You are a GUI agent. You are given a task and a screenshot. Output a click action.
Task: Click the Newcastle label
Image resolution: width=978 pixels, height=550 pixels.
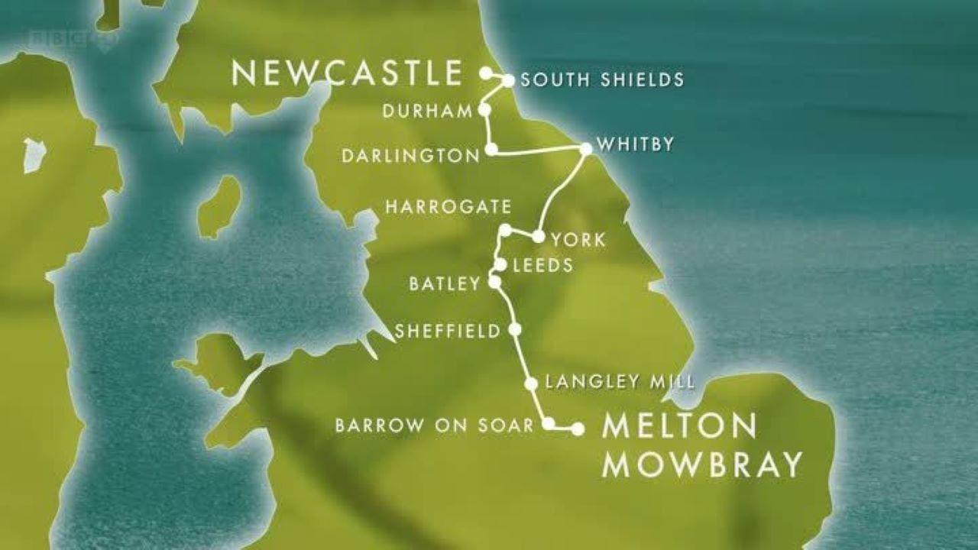(347, 73)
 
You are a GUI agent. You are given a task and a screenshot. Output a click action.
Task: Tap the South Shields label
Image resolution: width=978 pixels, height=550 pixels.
(602, 79)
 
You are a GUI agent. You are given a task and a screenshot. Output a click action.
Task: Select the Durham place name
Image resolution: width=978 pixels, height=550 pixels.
(429, 112)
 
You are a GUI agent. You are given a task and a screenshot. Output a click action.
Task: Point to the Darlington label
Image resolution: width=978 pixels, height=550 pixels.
(410, 156)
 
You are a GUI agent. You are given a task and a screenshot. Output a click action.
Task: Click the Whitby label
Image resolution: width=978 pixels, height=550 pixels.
(635, 144)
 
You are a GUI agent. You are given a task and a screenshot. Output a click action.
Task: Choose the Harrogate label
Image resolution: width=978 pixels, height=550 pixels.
(448, 207)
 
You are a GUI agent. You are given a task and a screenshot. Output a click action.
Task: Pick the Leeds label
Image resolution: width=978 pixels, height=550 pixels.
(543, 266)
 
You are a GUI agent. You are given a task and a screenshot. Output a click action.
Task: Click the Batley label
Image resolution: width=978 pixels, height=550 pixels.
(445, 284)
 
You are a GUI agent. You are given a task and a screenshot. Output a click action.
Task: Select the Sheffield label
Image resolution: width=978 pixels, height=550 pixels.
(447, 332)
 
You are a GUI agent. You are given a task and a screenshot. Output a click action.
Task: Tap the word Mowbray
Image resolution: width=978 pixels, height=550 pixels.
(702, 464)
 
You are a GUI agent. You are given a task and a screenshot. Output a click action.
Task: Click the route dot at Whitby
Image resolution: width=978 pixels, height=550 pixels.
(586, 149)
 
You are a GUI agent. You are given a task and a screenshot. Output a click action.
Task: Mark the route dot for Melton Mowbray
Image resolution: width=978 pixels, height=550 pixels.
(578, 429)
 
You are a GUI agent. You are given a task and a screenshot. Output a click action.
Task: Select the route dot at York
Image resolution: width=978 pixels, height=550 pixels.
(538, 237)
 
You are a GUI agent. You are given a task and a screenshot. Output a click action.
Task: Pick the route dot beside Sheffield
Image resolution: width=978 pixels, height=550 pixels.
(515, 329)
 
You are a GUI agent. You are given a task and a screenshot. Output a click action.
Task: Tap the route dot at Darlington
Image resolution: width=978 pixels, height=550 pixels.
(491, 148)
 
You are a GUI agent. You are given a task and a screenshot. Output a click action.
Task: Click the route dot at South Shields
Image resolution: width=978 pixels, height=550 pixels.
(508, 79)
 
